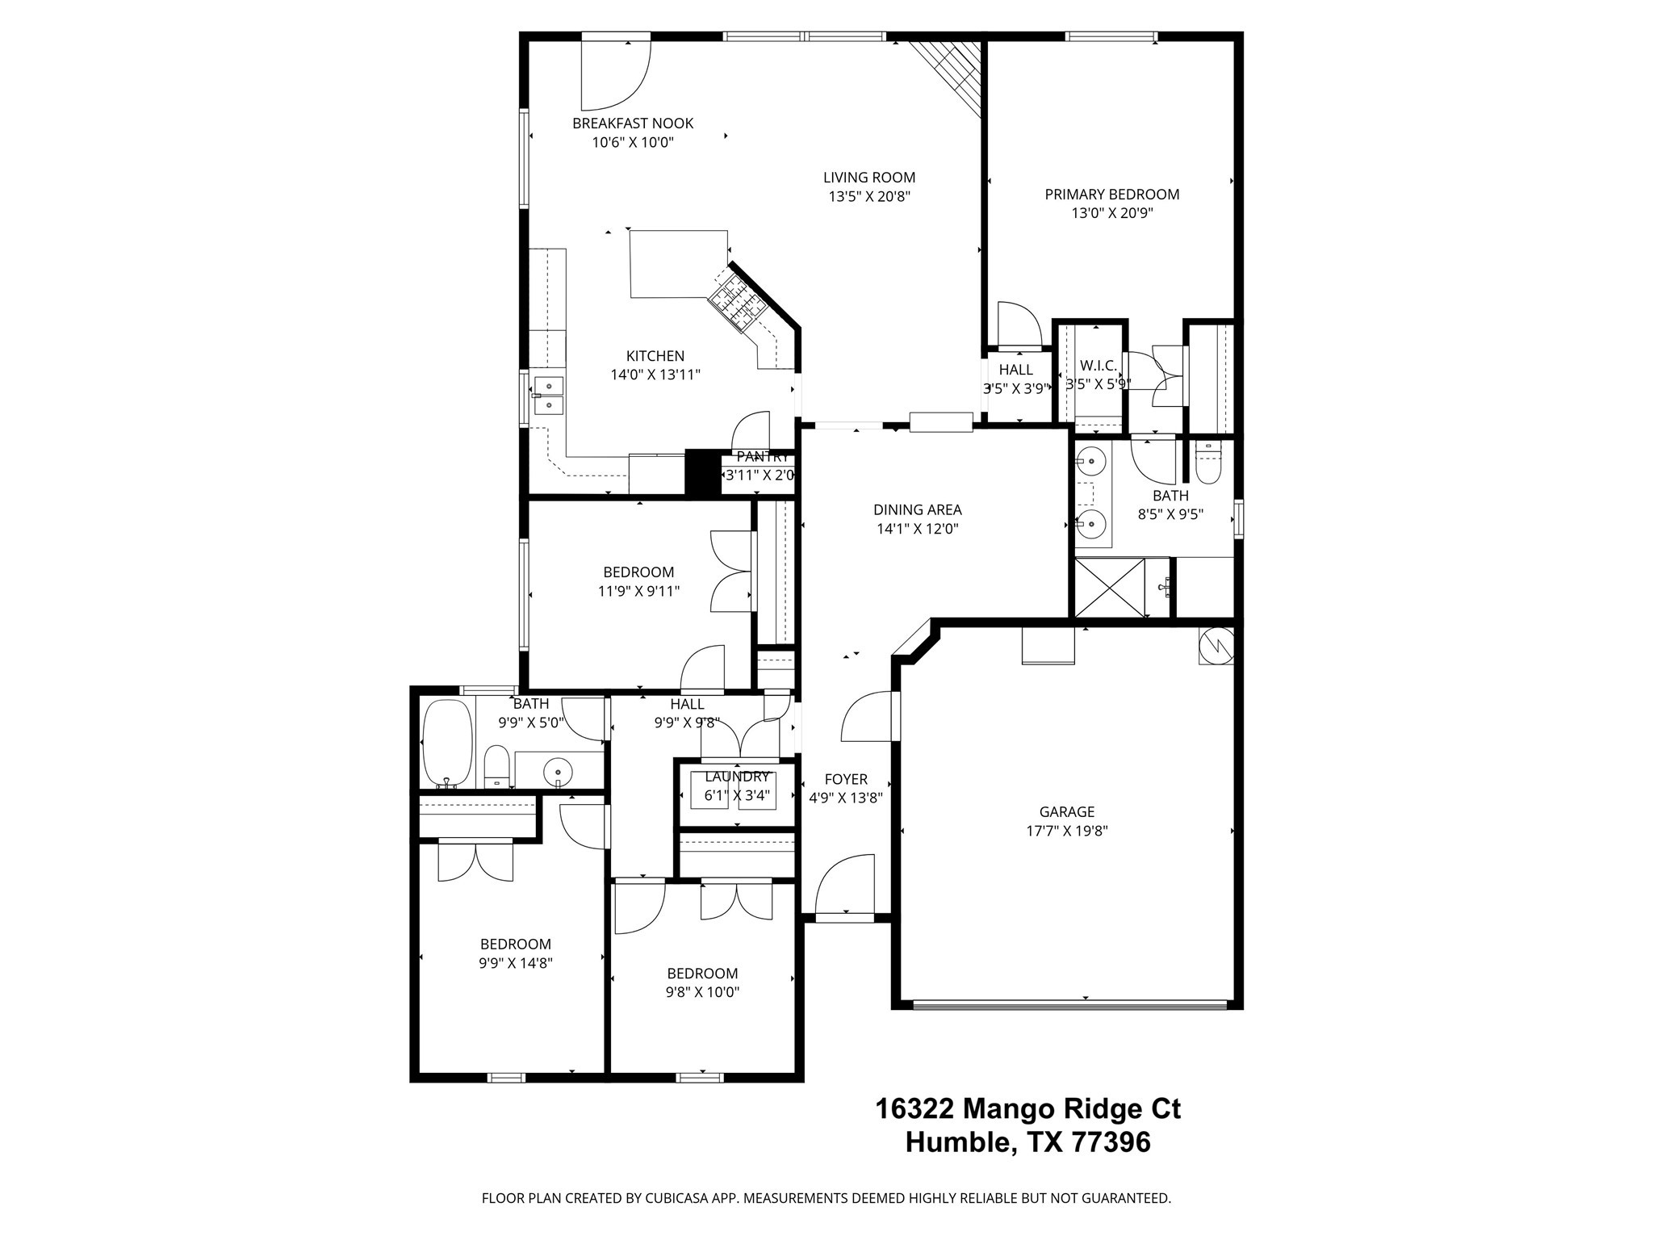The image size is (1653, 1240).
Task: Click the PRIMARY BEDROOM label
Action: [x=1111, y=195]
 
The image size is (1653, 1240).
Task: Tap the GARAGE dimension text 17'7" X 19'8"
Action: [x=1066, y=832]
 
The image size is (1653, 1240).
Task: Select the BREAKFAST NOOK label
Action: [x=633, y=124]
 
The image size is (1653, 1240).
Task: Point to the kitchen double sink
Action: [x=548, y=396]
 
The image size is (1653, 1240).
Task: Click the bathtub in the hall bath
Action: [x=447, y=744]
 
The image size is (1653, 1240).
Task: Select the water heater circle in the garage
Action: [x=1216, y=646]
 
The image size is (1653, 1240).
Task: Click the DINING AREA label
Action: [x=917, y=510]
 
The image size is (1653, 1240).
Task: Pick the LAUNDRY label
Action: [x=737, y=777]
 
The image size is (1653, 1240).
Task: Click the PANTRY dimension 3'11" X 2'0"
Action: [x=759, y=475]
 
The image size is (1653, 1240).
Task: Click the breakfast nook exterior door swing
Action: [x=613, y=77]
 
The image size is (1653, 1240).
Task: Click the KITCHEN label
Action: [x=655, y=356]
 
